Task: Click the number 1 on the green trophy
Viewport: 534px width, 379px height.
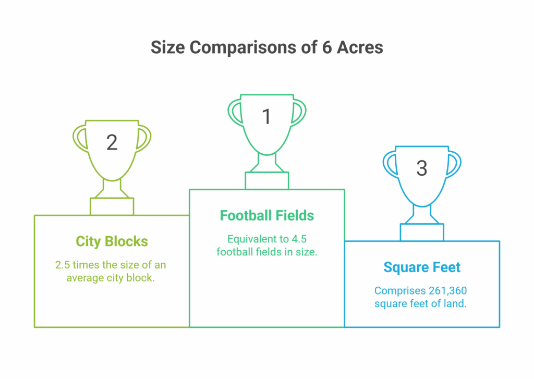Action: coord(266,116)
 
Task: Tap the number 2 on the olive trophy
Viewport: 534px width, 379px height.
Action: coord(112,142)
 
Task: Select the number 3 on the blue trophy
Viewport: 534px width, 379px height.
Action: coord(421,168)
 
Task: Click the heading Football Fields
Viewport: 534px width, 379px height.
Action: coord(266,215)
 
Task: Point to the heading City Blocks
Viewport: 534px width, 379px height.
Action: coord(112,241)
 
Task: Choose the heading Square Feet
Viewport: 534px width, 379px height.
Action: coord(422,267)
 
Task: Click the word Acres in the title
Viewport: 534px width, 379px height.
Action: coord(360,47)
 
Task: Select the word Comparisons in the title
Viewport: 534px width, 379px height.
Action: coord(243,47)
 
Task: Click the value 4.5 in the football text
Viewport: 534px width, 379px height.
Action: coord(299,239)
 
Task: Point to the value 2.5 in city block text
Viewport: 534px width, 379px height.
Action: coord(63,265)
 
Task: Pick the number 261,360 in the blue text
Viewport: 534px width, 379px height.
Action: coord(447,291)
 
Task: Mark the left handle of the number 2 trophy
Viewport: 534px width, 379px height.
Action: coord(79,138)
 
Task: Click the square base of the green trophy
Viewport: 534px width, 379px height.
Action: coord(267,181)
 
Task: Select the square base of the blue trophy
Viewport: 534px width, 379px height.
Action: coord(422,233)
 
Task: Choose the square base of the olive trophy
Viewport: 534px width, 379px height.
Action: coord(112,206)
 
